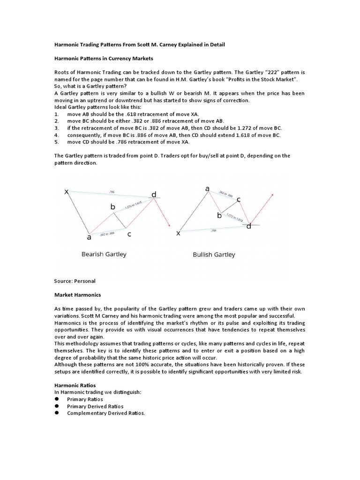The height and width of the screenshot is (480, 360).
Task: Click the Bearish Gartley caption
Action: (104, 255)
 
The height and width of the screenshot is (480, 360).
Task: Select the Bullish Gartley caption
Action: (214, 255)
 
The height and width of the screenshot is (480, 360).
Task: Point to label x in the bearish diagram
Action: (67, 192)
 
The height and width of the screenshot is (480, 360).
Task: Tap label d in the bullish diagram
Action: (249, 226)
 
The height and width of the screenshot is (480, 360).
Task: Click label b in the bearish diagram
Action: (112, 207)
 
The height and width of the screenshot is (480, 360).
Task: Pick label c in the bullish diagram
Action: (239, 200)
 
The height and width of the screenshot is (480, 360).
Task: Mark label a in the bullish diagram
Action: (207, 188)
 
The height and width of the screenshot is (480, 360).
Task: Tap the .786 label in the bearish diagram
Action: (111, 192)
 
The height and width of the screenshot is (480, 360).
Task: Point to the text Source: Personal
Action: (75, 281)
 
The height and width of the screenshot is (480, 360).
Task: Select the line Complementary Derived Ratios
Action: (106, 413)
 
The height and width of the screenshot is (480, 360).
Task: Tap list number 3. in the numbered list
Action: (57, 127)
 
